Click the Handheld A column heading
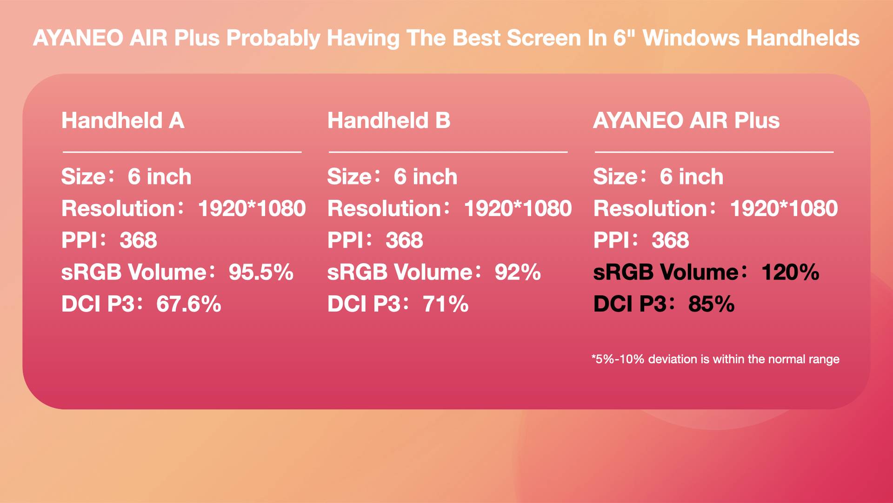point(123,121)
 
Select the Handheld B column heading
point(389,121)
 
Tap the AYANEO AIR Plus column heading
point(686,121)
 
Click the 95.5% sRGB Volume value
point(261,272)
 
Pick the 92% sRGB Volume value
point(518,272)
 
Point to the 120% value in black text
point(790,272)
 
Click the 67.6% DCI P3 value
point(189,304)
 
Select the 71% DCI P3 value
point(446,304)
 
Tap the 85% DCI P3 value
point(712,304)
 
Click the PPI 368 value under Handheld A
point(138,240)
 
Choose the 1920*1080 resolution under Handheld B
point(518,208)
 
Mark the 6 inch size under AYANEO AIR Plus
point(692,177)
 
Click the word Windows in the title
point(691,38)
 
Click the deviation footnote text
point(715,359)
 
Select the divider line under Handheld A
point(182,152)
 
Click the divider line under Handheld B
point(448,152)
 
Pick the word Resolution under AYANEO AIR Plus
point(650,208)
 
